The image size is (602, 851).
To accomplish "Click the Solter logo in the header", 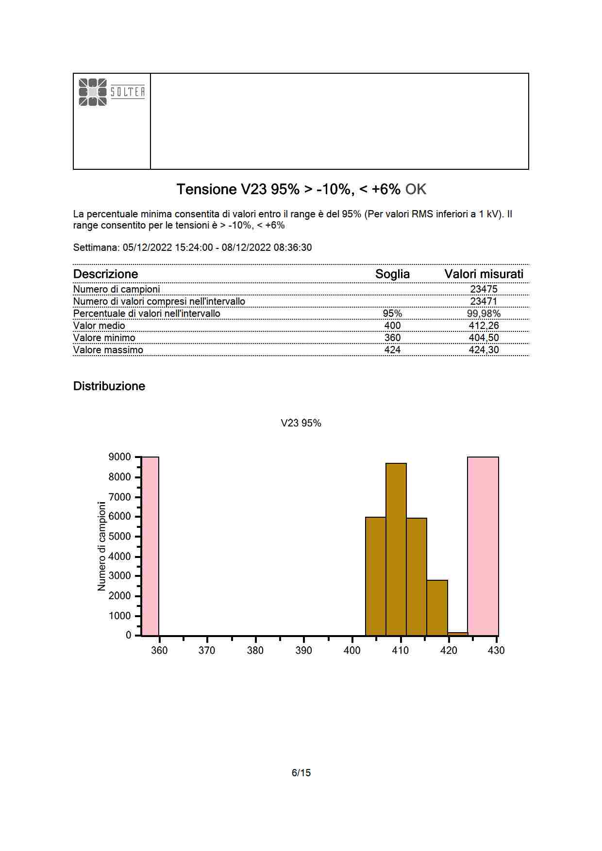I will coord(112,92).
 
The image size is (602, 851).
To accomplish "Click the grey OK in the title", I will coord(416,189).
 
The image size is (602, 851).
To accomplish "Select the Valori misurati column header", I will coord(484,274).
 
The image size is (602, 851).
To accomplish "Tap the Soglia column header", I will coord(392,274).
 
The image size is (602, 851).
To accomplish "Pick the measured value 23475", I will coord(484,289).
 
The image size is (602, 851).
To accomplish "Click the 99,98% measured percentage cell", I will coord(484,313).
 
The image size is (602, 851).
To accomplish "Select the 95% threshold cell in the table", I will coord(392,313).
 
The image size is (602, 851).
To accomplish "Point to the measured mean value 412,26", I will coord(484,326).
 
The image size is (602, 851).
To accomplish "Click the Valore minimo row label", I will coord(104,338).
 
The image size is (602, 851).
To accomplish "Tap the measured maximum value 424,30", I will coord(484,350).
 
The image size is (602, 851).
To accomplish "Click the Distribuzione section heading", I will coord(109,386).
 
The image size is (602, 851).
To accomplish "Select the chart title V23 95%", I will coord(301,423).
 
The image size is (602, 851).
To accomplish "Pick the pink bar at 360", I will coord(150,546).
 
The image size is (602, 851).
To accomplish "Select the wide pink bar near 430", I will coord(483,546).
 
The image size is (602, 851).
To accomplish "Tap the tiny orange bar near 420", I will coord(458,634).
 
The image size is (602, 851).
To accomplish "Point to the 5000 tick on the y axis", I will coord(119,536).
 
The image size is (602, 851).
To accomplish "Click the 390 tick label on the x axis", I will coord(303,651).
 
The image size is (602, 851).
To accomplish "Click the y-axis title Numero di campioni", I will coord(101,546).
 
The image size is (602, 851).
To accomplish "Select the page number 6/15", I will coord(301,773).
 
